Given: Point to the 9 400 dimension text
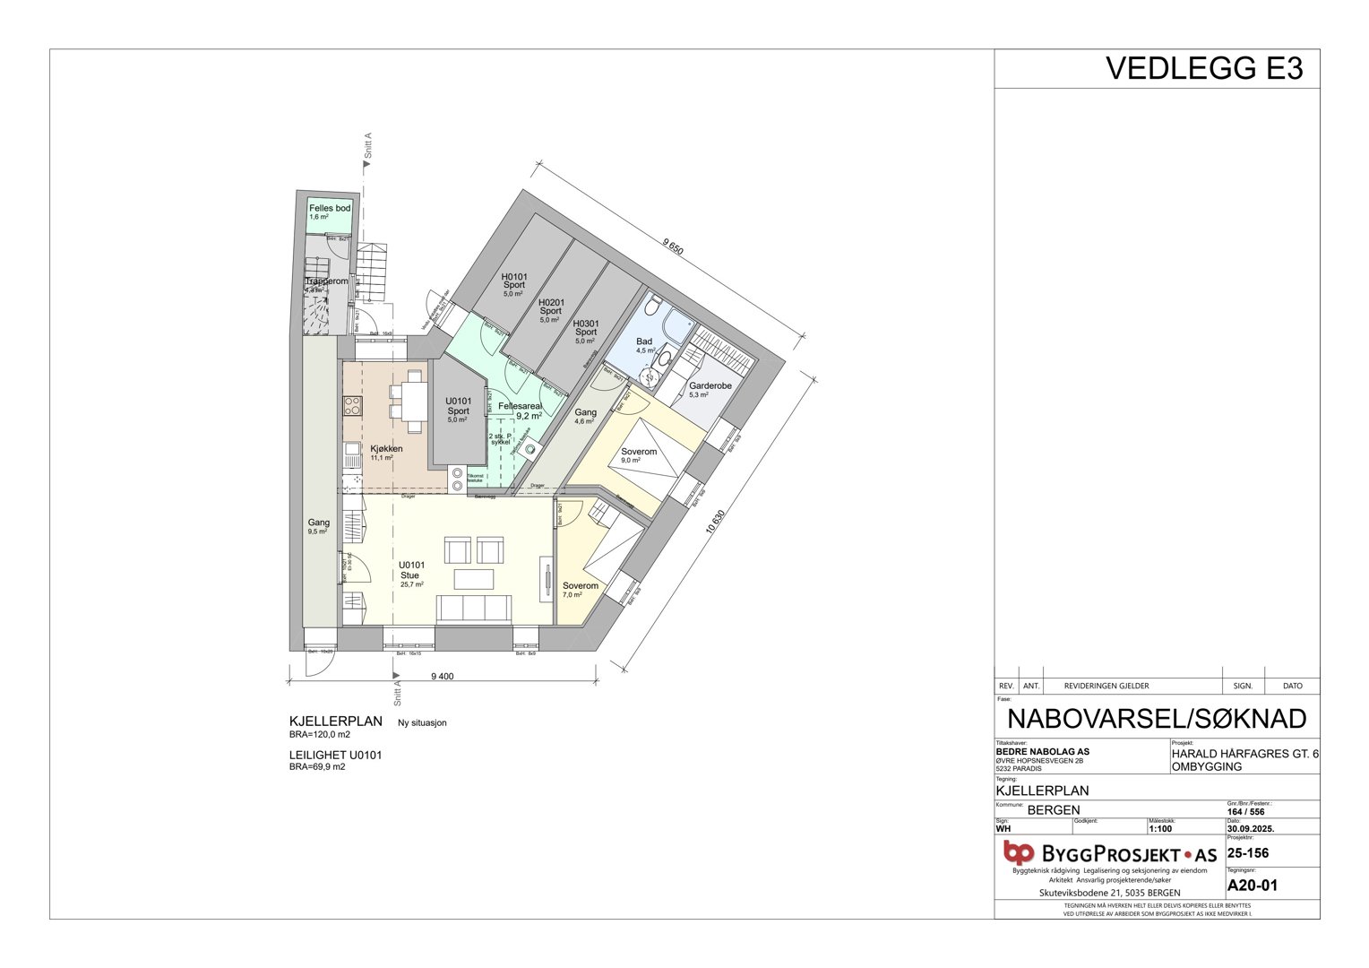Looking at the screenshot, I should click(x=443, y=677).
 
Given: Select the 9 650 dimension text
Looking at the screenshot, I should click(x=673, y=246).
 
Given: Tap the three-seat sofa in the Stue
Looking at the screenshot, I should click(x=474, y=609).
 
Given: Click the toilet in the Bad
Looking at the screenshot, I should click(x=655, y=308).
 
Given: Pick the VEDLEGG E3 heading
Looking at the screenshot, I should click(x=1203, y=69).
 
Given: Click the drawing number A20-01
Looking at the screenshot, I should click(x=1252, y=886).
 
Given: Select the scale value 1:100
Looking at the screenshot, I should click(x=1160, y=829).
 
